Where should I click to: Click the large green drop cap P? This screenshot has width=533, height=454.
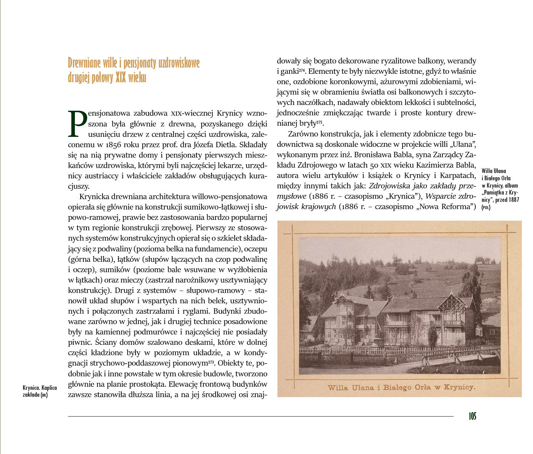(78, 124)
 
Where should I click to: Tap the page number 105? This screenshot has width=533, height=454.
(472, 416)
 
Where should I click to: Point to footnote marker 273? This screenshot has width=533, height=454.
(211, 362)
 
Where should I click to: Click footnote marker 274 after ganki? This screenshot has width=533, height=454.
(302, 70)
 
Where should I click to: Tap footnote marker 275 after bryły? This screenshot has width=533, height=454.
(320, 122)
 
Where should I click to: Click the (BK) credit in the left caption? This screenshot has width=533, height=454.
(44, 395)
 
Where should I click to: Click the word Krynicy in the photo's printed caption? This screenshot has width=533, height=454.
(459, 387)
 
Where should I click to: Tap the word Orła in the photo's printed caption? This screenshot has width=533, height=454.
(423, 387)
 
